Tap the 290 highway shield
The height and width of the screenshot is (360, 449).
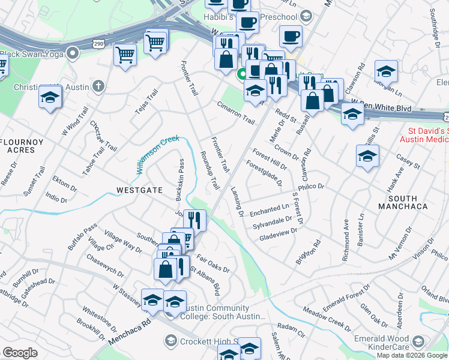(x=100, y=44)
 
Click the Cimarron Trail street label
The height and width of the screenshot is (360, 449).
(x=236, y=112)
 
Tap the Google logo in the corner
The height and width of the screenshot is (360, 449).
(x=20, y=353)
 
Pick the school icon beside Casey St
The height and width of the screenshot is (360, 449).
(x=367, y=158)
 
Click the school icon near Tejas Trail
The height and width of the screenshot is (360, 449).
(x=50, y=97)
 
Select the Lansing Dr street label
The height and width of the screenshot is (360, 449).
(x=237, y=201)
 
